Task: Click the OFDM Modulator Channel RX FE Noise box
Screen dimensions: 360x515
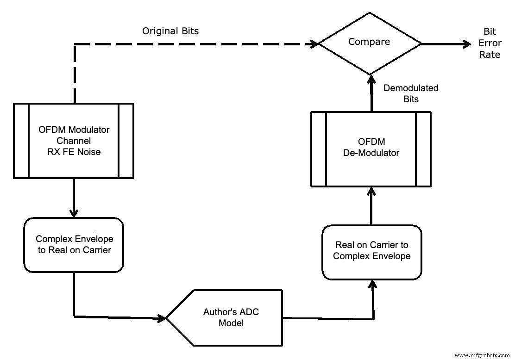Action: point(74,141)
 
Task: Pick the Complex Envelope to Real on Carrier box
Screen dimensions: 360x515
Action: point(74,245)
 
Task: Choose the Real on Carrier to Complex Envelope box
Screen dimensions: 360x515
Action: point(371,252)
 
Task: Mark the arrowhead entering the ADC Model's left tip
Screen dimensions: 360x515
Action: point(162,318)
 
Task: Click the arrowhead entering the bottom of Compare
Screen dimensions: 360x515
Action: point(370,80)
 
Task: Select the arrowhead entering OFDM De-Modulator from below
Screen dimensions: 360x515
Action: point(371,191)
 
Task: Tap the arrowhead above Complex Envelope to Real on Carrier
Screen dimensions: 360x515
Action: point(74,213)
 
